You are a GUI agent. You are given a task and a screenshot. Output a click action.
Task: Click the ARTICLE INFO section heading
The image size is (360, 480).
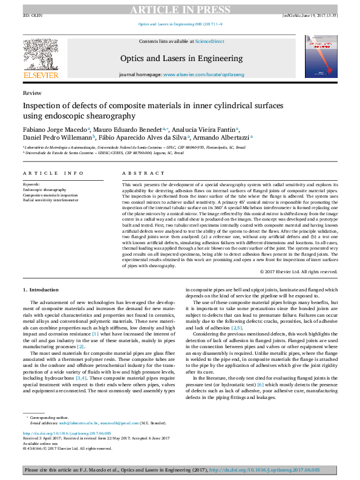pos(53,173)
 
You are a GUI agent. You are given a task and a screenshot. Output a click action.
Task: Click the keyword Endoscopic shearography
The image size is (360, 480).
pos(45,190)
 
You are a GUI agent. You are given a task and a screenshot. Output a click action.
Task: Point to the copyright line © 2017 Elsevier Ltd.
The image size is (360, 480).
pos(298,272)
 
